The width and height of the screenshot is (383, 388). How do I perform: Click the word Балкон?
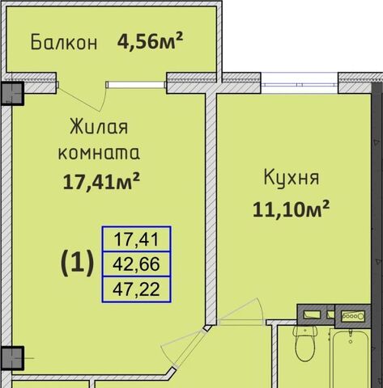[x=64, y=42]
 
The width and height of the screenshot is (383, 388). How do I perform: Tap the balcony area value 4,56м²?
[x=150, y=41]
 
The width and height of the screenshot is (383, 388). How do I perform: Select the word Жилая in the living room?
[x=99, y=126]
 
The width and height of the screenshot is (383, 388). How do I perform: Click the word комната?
[x=99, y=153]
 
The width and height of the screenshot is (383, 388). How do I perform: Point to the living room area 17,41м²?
[x=101, y=181]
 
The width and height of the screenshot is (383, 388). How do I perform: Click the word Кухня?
[x=292, y=178]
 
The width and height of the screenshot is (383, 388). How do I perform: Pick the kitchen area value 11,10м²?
[x=292, y=209]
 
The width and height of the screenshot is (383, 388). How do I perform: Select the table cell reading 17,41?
[x=136, y=239]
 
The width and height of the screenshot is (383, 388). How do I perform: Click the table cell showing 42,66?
[x=136, y=264]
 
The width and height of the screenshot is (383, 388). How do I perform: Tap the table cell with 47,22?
[x=136, y=289]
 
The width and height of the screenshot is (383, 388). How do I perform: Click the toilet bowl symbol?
[x=305, y=343]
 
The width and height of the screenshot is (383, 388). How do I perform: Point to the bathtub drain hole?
[x=351, y=342]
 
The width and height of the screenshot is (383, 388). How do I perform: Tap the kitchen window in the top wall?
[x=300, y=85]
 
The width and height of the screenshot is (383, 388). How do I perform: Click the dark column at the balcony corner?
[x=12, y=93]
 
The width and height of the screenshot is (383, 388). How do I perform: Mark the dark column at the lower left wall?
[x=12, y=358]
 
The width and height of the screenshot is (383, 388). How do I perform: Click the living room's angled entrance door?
[x=189, y=347]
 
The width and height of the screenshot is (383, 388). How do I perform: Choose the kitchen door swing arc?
[x=261, y=310]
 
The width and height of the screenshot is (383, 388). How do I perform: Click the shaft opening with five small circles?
[x=353, y=316]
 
